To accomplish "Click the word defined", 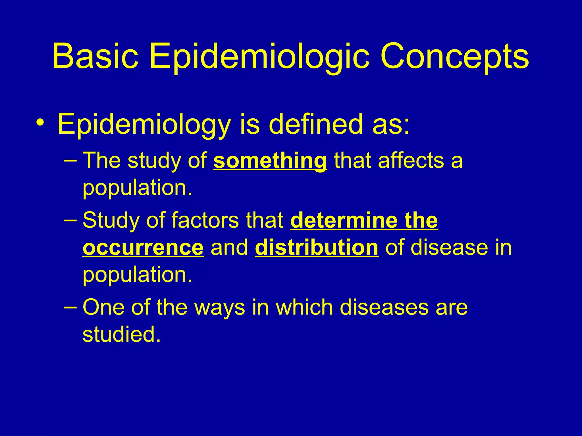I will pyautogui.click(x=316, y=124).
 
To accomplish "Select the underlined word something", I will pyautogui.click(x=270, y=161).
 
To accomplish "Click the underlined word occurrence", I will pyautogui.click(x=143, y=248).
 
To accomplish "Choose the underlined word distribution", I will pyautogui.click(x=317, y=248).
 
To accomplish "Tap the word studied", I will pyautogui.click(x=122, y=334).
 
